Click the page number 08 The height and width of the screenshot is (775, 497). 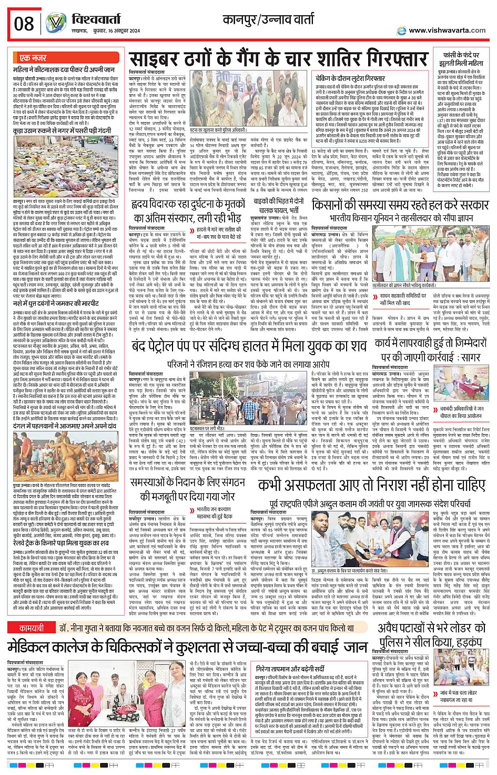[24, 23]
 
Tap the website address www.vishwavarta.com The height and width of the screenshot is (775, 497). [447, 31]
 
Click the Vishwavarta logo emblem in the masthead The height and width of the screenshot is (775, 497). [56, 23]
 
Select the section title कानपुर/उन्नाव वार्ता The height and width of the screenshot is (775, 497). [268, 20]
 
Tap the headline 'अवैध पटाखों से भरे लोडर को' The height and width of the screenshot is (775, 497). [431, 628]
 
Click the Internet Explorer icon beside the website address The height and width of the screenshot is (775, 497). [402, 31]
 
